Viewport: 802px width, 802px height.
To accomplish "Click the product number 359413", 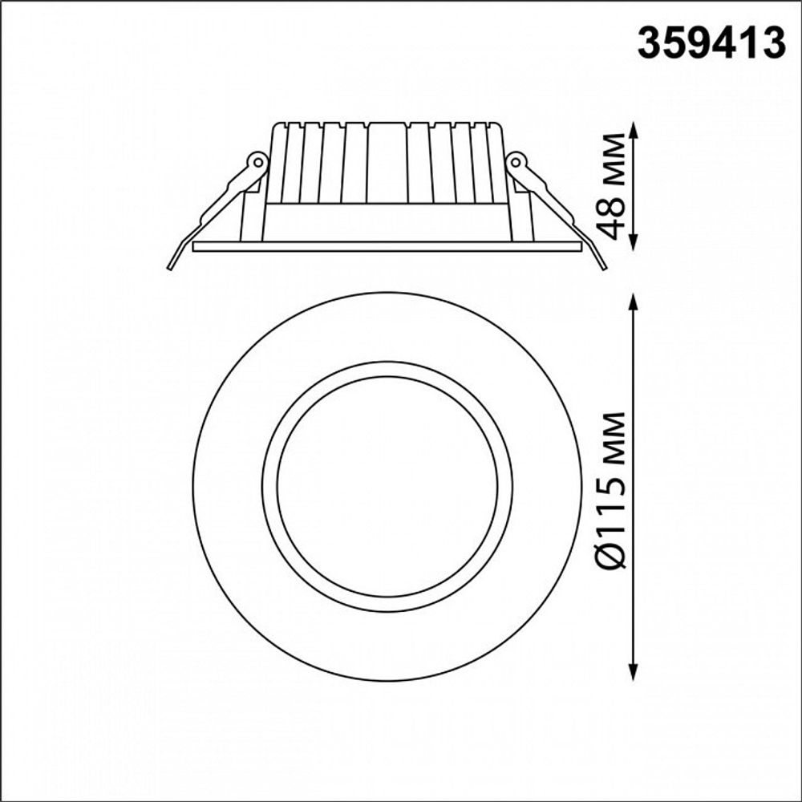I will pyautogui.click(x=711, y=45).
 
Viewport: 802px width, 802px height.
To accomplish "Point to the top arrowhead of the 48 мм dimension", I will pyautogui.click(x=634, y=128).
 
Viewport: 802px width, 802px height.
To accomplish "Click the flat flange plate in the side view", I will pyautogui.click(x=387, y=246).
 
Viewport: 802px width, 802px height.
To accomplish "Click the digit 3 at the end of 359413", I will pyautogui.click(x=772, y=45).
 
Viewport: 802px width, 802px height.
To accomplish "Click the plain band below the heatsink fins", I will pyautogui.click(x=387, y=221).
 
